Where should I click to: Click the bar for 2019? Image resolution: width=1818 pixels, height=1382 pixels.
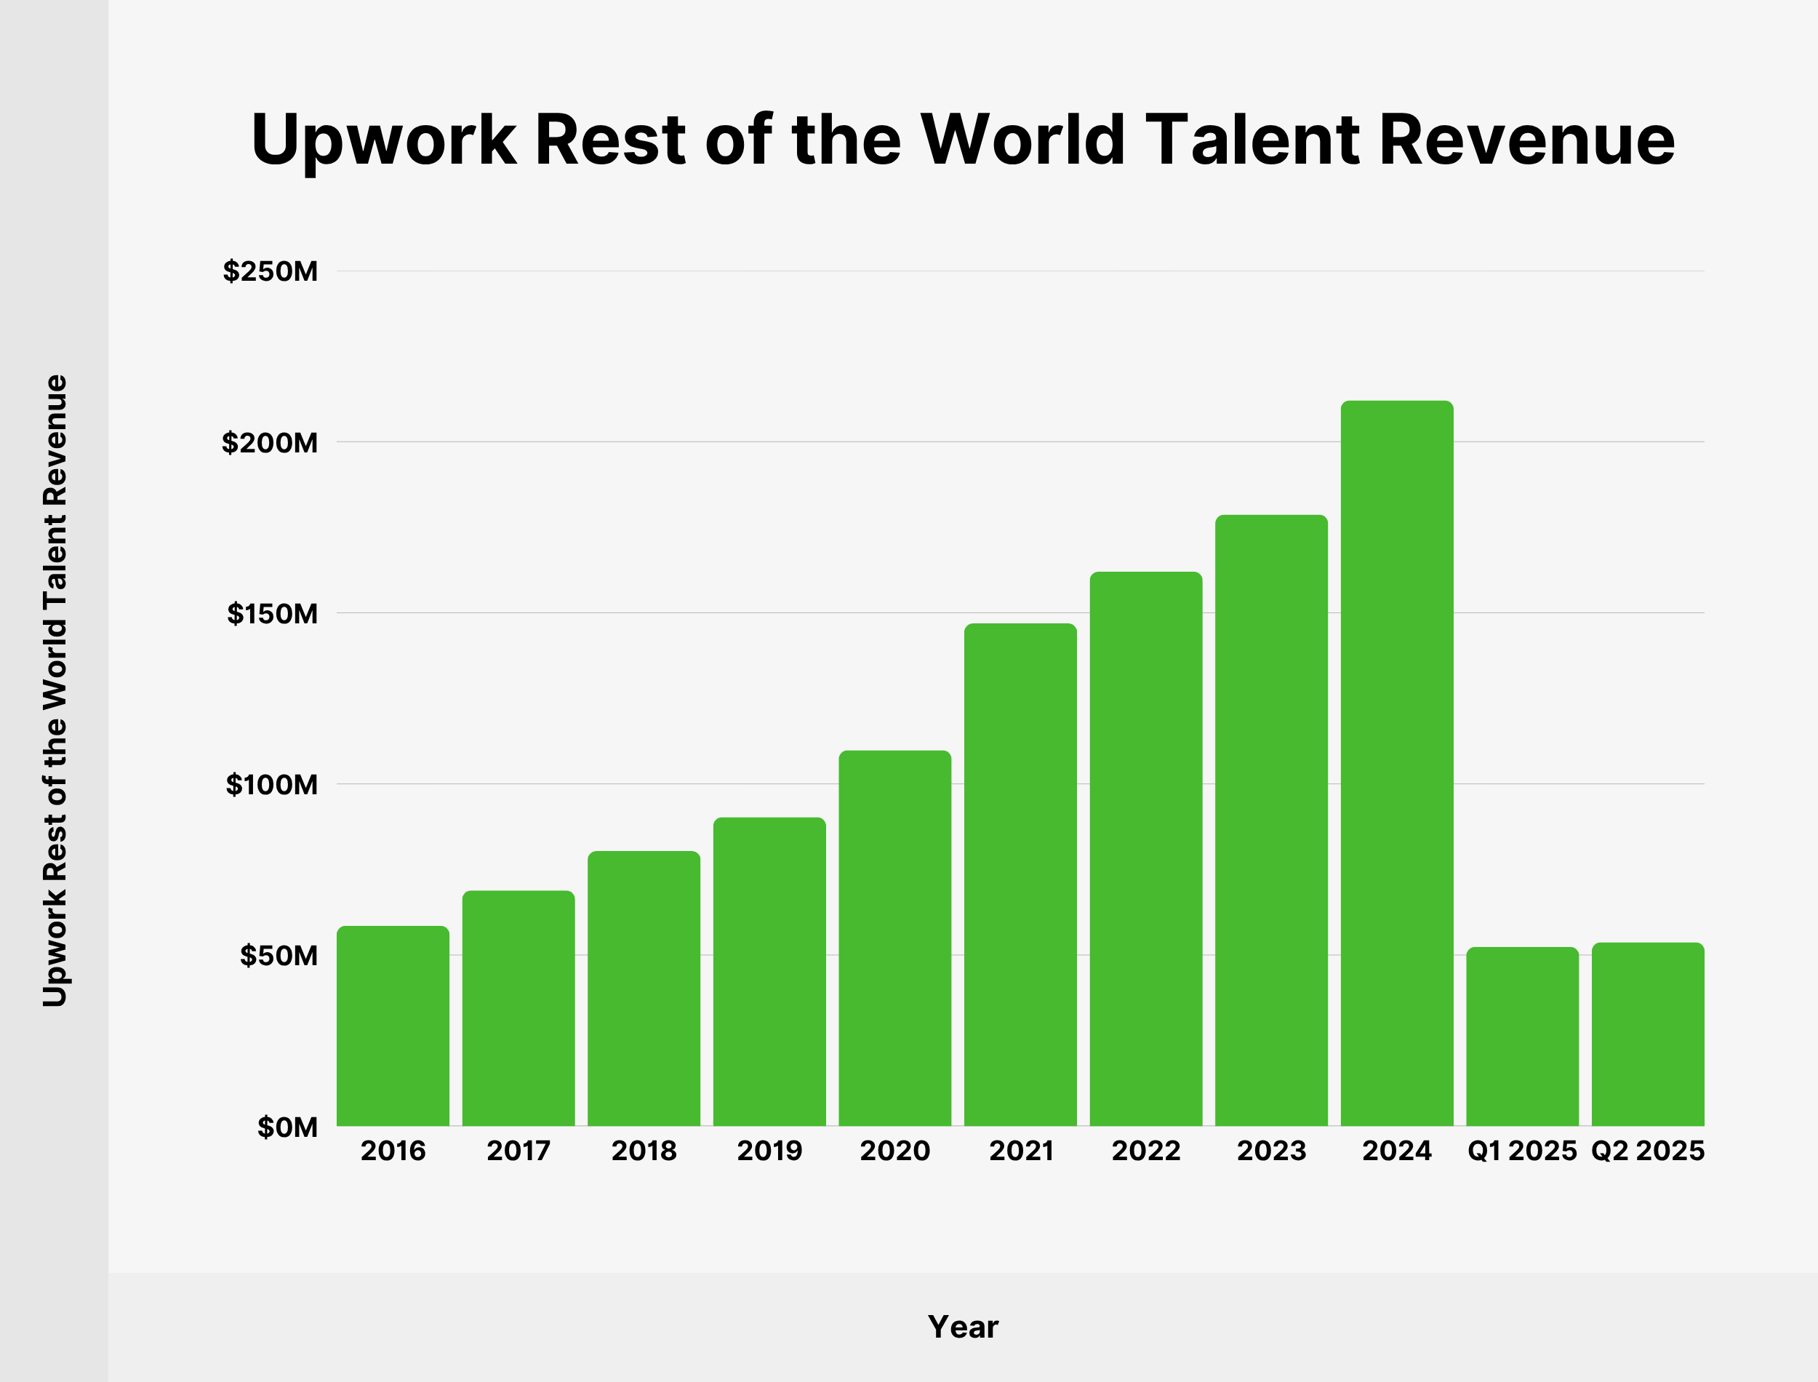(x=769, y=972)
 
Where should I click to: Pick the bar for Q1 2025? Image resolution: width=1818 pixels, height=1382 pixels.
(x=1522, y=1036)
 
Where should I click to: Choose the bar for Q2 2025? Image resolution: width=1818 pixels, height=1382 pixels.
(x=1648, y=1034)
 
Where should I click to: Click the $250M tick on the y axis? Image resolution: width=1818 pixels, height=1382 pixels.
(x=270, y=271)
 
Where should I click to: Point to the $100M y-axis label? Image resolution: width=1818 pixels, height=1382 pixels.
(x=271, y=785)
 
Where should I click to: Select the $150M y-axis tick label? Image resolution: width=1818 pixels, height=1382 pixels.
(x=272, y=614)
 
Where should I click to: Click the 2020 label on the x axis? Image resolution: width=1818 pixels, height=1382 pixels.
(x=894, y=1150)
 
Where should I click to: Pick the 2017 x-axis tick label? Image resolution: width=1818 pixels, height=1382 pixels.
(x=518, y=1150)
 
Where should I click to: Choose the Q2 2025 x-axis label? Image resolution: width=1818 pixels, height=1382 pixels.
(x=1648, y=1150)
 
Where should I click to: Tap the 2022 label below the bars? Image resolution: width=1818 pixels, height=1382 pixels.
(x=1146, y=1150)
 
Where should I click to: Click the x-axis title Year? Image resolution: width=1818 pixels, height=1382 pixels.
(x=963, y=1327)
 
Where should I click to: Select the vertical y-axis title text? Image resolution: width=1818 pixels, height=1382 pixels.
(x=55, y=691)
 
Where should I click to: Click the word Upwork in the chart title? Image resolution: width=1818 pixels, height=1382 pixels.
(x=383, y=140)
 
